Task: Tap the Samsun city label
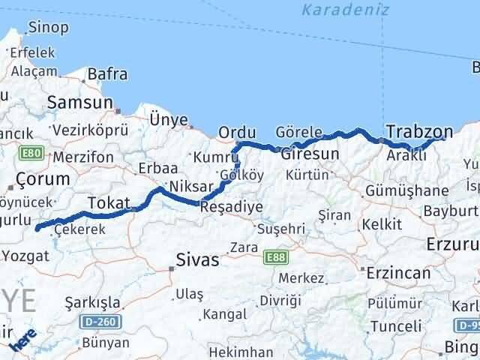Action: click(80, 103)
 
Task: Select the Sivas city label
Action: click(197, 260)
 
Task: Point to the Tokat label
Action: click(109, 202)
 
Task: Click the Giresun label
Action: click(310, 154)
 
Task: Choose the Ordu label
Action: click(237, 133)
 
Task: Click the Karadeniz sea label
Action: click(332, 10)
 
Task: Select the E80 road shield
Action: click(31, 154)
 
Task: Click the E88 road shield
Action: click(275, 258)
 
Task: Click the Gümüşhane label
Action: click(410, 191)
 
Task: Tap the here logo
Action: click(23, 343)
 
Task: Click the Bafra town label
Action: click(107, 74)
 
